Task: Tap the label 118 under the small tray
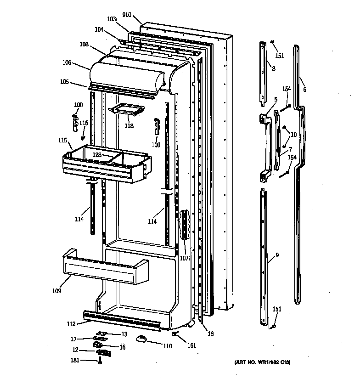click(129, 125)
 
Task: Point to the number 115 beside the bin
click(62, 140)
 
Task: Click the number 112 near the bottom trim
click(71, 323)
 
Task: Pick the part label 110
click(168, 345)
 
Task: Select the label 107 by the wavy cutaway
click(185, 258)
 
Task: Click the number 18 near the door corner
click(210, 334)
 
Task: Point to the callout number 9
click(277, 255)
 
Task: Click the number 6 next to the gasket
click(304, 89)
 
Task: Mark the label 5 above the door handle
click(276, 99)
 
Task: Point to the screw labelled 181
click(100, 361)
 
